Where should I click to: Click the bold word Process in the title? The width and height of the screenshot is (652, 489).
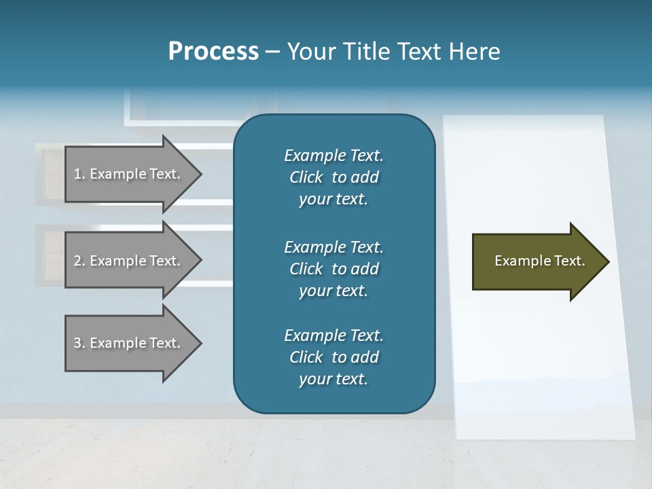pyautogui.click(x=213, y=52)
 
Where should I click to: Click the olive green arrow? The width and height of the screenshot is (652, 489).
pyautogui.click(x=537, y=261)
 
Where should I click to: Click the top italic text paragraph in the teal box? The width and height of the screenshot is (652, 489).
pyautogui.click(x=333, y=177)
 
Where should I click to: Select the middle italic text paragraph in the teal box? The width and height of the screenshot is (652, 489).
pyautogui.click(x=333, y=269)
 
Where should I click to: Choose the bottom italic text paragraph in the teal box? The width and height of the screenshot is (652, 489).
pyautogui.click(x=333, y=357)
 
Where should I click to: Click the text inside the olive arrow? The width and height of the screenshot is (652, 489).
pyautogui.click(x=539, y=261)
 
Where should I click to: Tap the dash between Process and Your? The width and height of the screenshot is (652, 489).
pyautogui.click(x=272, y=52)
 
